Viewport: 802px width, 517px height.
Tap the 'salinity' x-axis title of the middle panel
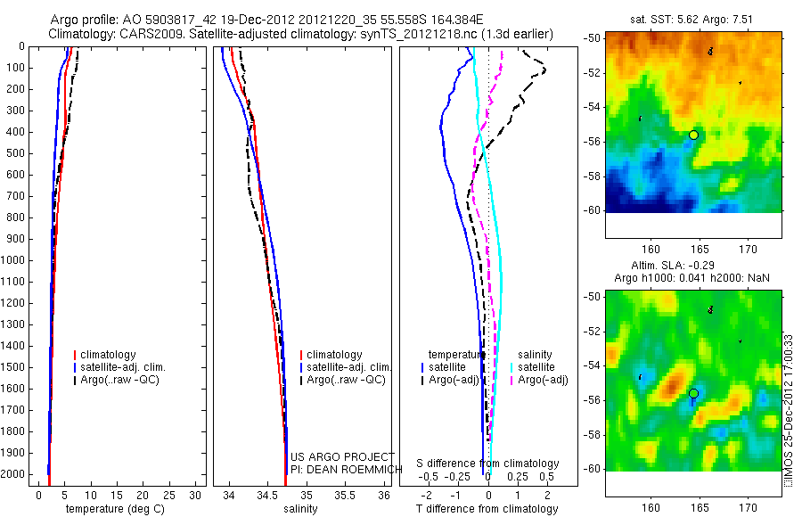300,509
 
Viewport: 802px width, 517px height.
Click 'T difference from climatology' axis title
488,509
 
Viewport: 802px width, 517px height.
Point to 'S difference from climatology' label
488,464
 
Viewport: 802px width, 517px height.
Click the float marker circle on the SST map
693,135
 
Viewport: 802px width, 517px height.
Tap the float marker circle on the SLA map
693,393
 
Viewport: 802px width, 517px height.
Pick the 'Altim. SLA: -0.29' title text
690,267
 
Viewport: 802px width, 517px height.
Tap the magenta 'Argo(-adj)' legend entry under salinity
543,380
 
